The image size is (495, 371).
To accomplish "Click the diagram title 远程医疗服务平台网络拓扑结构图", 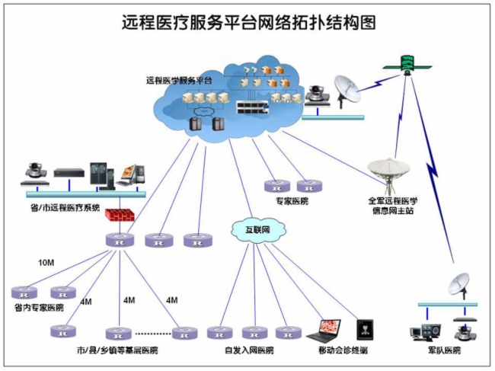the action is coord(248,23).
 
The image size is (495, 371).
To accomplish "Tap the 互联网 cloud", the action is coord(258,229).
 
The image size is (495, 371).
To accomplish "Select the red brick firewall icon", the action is coord(120,215).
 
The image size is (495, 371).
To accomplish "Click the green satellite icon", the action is coord(407,66).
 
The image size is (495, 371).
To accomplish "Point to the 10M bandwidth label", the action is coord(46,262).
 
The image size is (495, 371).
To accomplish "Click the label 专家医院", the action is coord(292,201).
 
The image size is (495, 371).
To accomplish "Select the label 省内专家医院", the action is coord(39,307).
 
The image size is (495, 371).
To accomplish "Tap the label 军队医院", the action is coord(444,350).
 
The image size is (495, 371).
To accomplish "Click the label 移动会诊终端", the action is coord(343,350).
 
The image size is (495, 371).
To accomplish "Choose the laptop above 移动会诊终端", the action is coord(324,331).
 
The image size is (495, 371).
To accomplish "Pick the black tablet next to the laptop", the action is coord(366,330).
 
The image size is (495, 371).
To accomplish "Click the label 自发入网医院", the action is coord(249,350).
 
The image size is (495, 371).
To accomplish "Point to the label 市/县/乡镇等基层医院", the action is coord(117,350).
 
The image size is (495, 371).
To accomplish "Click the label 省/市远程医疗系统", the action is coord(65,207).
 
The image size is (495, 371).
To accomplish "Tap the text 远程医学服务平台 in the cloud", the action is coord(179,81).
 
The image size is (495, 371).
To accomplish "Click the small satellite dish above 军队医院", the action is coord(459,286).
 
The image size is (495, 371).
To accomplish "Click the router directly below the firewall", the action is coord(120,240).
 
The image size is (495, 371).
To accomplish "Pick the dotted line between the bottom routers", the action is coord(153,333).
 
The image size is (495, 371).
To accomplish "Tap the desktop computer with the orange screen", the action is coord(131,174).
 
